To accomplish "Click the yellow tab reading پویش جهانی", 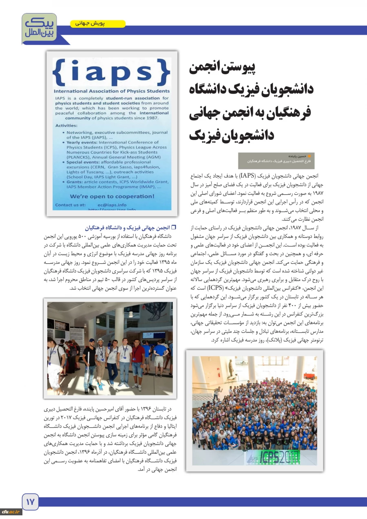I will tap(98, 24).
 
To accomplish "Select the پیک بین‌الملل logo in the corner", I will tap(39, 28).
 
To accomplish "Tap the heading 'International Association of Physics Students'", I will tap(112, 91).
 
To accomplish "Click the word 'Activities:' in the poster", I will tap(66, 126).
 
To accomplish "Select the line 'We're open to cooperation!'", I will tap(112, 197).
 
